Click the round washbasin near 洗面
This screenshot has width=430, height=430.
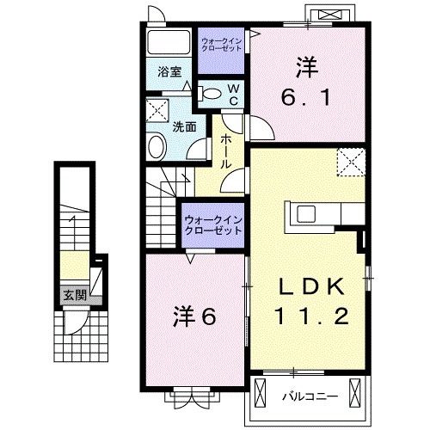(x=156, y=146)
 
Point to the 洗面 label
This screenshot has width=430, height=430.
(x=184, y=126)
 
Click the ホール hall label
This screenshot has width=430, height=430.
(x=225, y=151)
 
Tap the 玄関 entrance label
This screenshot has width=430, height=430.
(x=74, y=294)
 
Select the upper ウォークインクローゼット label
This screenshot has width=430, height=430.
(x=221, y=45)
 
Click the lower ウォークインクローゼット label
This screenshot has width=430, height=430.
(x=212, y=225)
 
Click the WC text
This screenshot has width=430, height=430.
(x=232, y=95)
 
